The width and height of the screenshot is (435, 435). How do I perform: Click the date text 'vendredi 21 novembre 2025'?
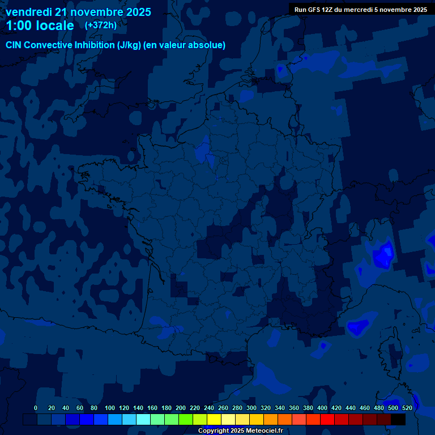pos(78,12)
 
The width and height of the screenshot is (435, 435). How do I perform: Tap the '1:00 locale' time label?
pos(40,25)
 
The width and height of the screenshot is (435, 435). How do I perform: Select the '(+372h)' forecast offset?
pos(101,25)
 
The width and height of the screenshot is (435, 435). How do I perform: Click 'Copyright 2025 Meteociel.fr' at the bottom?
pos(240,431)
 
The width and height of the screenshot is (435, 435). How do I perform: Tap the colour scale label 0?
pos(36,408)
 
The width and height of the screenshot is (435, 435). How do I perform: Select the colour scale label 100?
pos(110,408)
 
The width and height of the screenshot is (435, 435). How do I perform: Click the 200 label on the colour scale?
pos(181,408)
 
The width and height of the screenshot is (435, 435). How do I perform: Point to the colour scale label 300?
pos(251,408)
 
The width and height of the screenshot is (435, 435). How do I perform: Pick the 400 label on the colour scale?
pos(322,408)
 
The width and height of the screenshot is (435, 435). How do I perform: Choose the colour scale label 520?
pos(407,408)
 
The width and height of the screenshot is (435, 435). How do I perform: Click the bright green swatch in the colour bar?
pos(186,420)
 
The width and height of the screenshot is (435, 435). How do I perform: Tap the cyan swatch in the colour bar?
pos(143,420)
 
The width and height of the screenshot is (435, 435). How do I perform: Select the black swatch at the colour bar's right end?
pos(398,420)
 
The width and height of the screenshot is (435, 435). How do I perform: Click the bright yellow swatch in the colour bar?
pos(214,420)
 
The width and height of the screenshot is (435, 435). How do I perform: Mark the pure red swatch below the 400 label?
pos(327,420)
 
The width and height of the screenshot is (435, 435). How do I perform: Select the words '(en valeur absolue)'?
pos(185,45)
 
